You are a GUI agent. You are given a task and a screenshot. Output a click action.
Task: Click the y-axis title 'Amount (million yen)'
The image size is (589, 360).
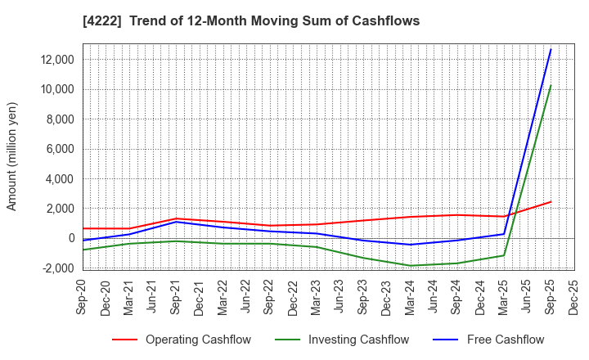(11, 156)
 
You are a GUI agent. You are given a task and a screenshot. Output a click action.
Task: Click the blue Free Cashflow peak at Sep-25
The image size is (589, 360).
(551, 49)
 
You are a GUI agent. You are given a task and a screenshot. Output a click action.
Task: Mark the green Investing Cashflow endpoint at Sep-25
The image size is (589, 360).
(551, 85)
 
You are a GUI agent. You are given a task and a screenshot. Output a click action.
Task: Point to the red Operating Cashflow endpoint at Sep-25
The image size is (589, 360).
(551, 202)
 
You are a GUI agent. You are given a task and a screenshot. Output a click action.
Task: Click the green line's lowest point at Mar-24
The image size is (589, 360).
(410, 265)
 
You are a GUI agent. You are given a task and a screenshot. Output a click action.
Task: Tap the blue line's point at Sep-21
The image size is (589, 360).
(176, 222)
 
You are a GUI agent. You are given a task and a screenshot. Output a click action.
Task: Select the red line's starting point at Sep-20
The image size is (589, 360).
(83, 228)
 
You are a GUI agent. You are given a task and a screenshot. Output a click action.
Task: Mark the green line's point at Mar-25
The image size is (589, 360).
(504, 255)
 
